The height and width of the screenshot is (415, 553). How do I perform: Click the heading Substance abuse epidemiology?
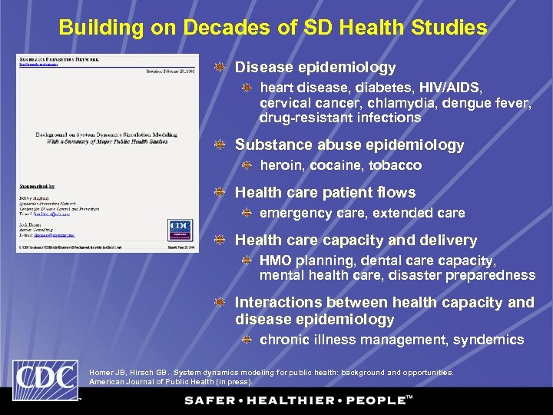pos(349,144)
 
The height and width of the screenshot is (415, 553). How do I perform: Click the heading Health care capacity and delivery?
pos(356,241)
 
